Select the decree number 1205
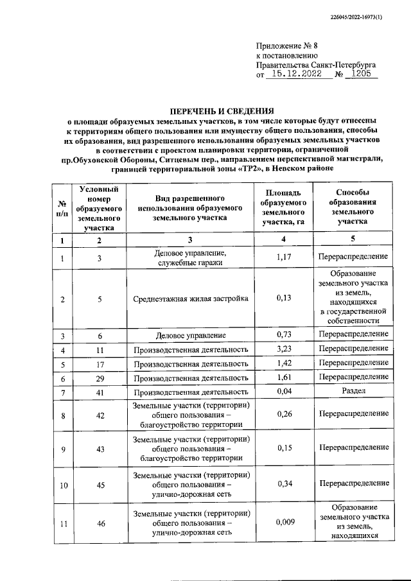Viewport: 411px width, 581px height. tap(362, 74)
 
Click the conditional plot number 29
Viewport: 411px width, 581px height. tap(100, 378)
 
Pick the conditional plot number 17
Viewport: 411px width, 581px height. tap(100, 364)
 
